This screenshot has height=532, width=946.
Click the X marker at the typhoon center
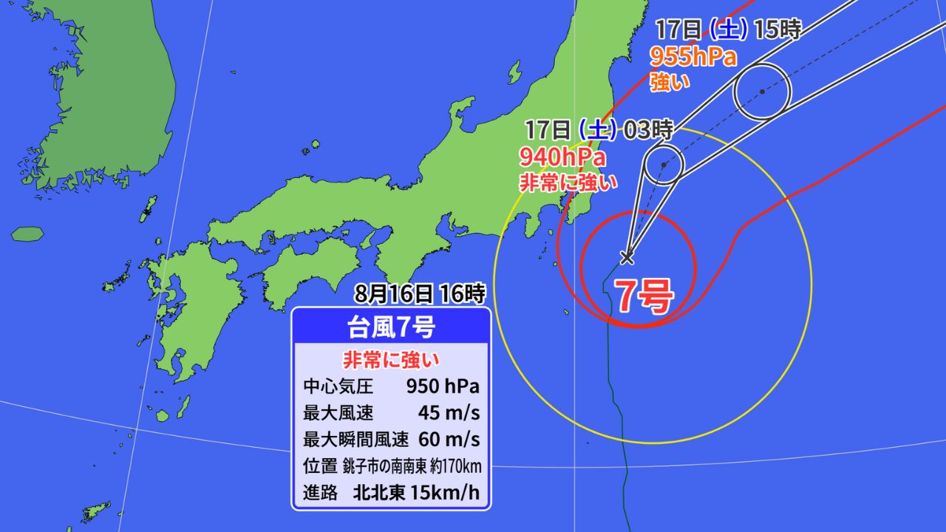tap(627, 257)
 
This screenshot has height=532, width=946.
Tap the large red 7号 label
tap(644, 297)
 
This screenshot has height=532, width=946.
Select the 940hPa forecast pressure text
tap(562, 157)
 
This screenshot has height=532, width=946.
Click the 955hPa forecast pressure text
tap(693, 57)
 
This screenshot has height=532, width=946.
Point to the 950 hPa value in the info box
tap(443, 386)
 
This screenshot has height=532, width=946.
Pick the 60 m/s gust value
tap(449, 440)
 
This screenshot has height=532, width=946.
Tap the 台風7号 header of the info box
tap(390, 325)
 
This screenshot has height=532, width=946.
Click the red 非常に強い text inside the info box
tap(390, 360)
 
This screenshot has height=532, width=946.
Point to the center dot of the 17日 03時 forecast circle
tap(664, 165)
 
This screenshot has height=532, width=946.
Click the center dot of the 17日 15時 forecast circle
tap(762, 92)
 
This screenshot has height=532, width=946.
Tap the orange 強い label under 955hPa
tap(670, 82)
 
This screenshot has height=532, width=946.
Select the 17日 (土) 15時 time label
tap(728, 31)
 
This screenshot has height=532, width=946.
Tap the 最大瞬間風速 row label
tap(355, 440)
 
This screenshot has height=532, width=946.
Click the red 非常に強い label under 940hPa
tap(567, 182)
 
